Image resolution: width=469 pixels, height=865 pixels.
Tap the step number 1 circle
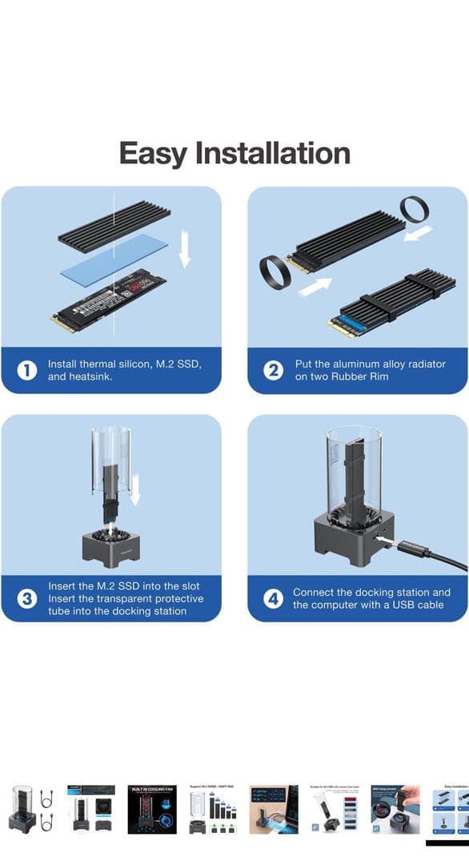(x=27, y=370)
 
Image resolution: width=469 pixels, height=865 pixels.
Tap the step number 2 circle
(x=274, y=370)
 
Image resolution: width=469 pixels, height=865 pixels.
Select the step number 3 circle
(x=27, y=598)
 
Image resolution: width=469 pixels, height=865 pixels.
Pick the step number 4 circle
(x=274, y=598)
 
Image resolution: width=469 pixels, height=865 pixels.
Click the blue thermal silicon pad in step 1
(x=113, y=256)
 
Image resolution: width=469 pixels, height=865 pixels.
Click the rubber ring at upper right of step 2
(x=415, y=210)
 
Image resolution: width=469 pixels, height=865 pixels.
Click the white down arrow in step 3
(x=135, y=488)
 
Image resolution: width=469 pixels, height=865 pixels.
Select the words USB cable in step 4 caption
(x=413, y=605)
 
